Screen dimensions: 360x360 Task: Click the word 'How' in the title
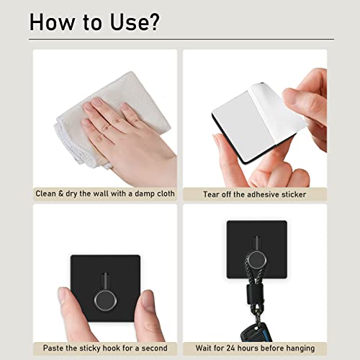coord(52,22)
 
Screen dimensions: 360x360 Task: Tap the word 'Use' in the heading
coord(128,22)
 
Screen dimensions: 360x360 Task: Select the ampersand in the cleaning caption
coord(60,194)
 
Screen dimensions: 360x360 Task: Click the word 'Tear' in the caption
coord(211,194)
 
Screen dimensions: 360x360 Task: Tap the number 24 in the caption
coord(230,348)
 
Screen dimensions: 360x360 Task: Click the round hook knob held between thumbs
coord(105,300)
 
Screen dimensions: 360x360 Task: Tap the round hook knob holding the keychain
coord(257,261)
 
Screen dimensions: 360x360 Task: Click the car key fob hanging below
coord(256,332)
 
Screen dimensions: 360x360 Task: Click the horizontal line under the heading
coord(181,39)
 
